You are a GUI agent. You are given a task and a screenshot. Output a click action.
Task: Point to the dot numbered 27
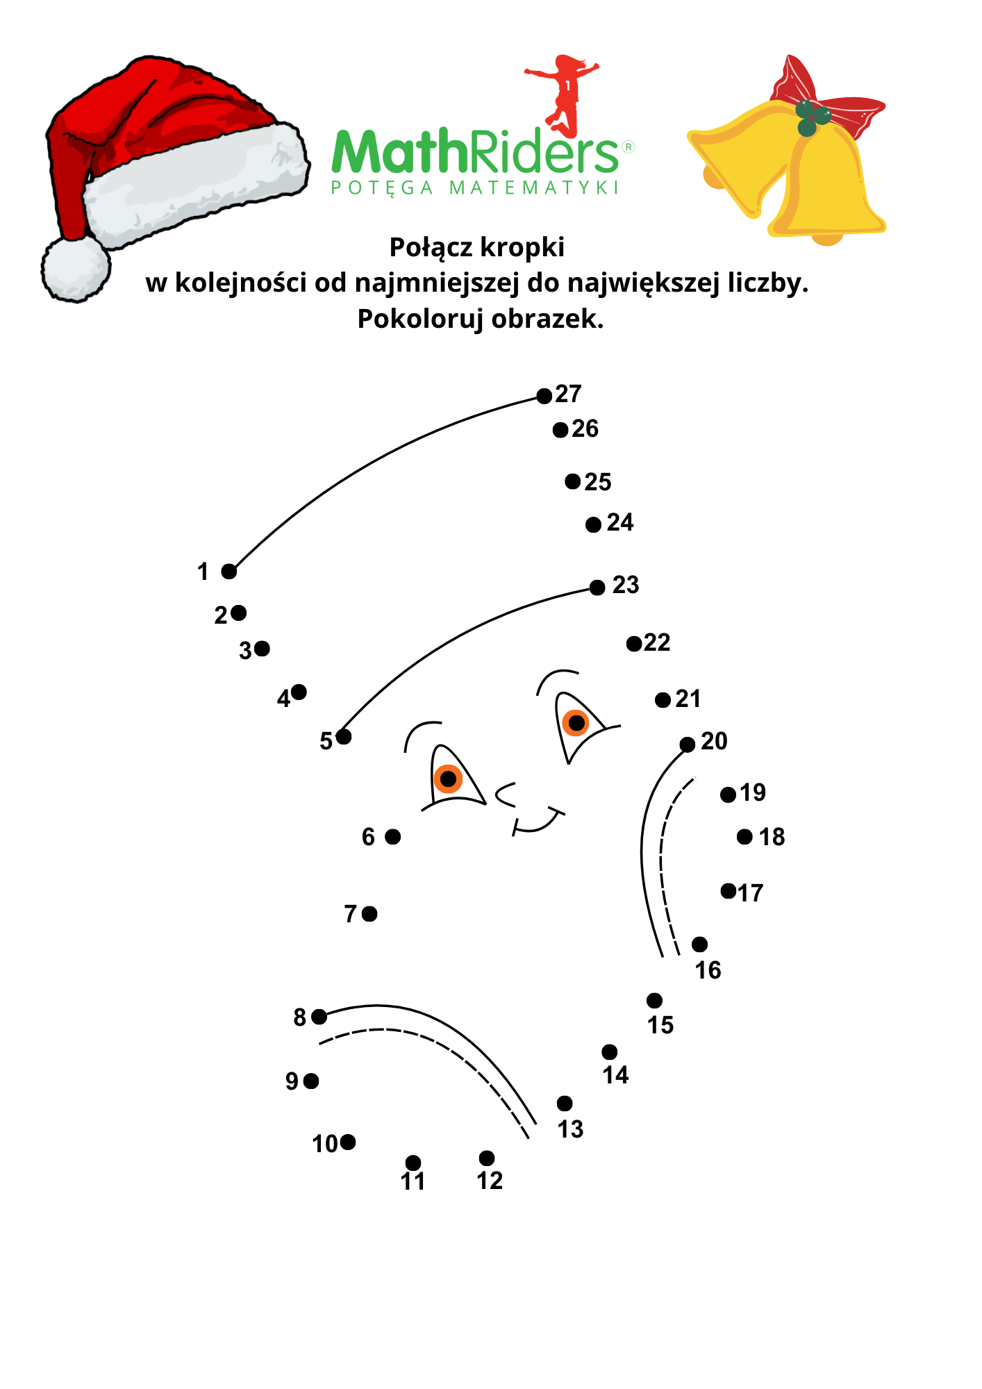[544, 396]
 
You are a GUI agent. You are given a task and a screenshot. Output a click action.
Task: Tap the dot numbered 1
[229, 572]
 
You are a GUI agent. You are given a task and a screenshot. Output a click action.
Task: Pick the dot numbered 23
[597, 588]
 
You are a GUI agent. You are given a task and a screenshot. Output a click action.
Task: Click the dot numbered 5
[344, 736]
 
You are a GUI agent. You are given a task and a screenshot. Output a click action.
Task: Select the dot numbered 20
[688, 745]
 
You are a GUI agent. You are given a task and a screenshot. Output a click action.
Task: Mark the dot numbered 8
[319, 1017]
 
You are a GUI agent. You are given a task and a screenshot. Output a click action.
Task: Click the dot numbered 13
[565, 1103]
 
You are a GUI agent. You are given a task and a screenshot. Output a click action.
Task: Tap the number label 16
[708, 970]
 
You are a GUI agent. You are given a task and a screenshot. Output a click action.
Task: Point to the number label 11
[413, 1181]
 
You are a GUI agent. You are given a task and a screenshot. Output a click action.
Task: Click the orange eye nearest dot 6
[449, 779]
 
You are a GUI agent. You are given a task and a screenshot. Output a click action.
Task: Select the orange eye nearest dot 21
[576, 723]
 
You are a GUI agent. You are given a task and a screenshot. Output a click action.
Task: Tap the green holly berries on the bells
[813, 117]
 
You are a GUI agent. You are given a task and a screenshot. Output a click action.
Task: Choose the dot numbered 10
[348, 1142]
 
